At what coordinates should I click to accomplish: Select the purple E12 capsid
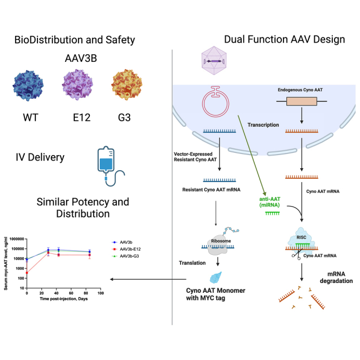(x=82, y=86)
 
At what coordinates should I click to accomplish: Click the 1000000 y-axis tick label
(x=16, y=239)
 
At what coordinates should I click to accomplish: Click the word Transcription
(x=263, y=125)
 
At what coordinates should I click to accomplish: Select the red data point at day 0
(x=27, y=273)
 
